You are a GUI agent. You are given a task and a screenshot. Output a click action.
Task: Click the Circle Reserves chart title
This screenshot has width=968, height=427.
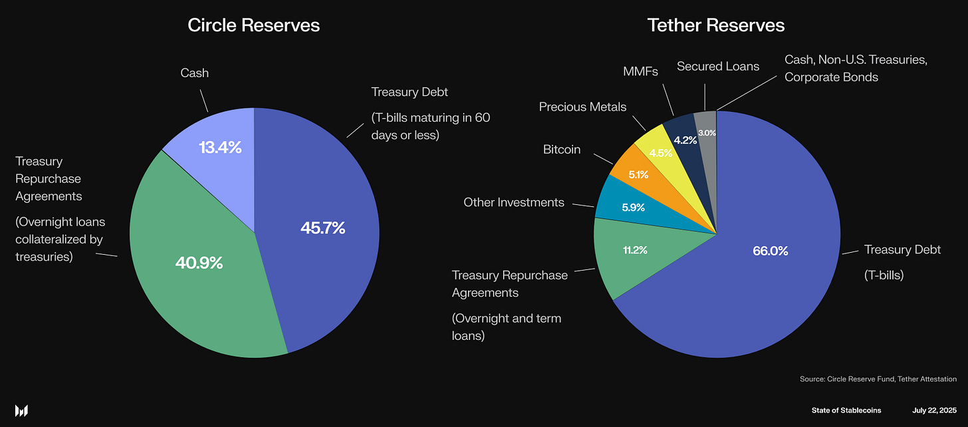[253, 25]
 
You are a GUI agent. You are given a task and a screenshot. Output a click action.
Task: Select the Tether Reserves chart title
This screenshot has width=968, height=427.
[716, 25]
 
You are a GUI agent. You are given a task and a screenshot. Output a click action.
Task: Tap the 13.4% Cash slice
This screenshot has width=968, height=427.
[219, 147]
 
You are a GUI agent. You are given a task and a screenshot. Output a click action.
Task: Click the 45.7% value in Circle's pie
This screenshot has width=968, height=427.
[322, 228]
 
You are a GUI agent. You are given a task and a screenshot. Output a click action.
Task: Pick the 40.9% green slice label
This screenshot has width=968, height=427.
[199, 263]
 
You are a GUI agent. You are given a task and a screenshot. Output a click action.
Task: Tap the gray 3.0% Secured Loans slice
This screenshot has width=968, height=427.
[706, 132]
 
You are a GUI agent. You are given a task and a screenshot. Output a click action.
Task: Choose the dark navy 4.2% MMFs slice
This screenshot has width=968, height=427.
[685, 140]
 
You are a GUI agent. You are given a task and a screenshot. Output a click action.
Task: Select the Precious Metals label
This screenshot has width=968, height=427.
[582, 106]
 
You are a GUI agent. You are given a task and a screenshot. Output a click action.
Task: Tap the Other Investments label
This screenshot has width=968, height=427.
[513, 202]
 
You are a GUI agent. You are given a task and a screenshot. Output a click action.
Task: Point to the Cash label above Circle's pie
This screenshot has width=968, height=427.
[194, 72]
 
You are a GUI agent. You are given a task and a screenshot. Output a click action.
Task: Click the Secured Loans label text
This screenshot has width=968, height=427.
[717, 66]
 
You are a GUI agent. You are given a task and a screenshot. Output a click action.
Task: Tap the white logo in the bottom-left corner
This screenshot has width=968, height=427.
[22, 410]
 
